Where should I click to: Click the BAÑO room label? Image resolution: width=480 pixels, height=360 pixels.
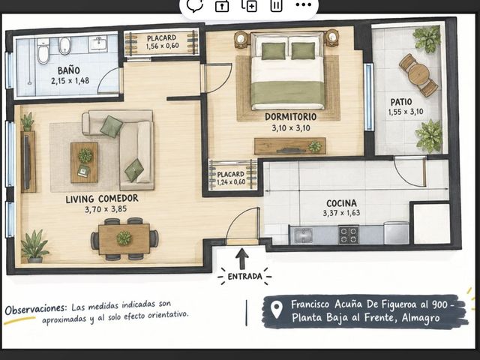69,70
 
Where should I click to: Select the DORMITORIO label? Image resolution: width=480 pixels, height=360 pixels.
290,117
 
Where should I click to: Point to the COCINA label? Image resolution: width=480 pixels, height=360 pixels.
341,203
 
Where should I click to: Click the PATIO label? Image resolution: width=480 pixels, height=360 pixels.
401,102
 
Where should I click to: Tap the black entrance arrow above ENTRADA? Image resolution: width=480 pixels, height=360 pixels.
242,259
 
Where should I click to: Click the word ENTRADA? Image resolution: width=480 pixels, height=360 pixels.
245,277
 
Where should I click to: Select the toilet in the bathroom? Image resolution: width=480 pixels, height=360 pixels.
43,51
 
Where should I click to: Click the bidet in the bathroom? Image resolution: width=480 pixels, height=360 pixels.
64,46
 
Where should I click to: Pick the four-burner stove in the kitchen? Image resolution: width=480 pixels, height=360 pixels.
348,235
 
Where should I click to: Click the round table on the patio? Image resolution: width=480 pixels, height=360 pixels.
418,74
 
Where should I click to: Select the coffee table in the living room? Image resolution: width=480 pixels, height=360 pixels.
85,163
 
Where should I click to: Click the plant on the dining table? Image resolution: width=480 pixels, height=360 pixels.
124,238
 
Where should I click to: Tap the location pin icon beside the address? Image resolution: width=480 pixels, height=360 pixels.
277,310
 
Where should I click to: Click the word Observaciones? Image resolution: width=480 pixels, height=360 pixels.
35,308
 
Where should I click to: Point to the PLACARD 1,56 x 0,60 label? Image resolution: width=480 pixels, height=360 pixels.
162,42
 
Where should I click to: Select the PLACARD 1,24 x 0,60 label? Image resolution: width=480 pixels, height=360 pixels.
231,178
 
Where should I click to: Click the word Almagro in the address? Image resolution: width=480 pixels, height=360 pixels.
421,318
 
